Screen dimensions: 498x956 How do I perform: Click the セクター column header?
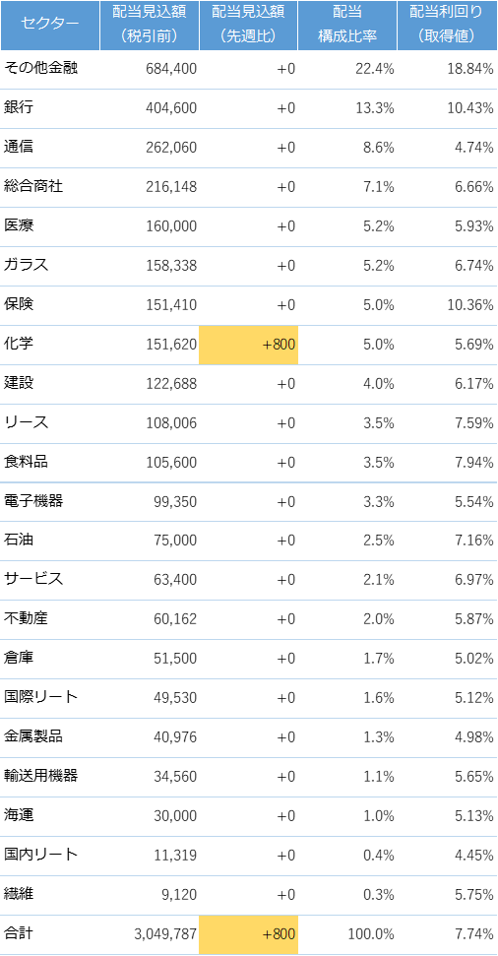click(x=50, y=25)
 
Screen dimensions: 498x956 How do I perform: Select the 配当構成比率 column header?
click(x=347, y=25)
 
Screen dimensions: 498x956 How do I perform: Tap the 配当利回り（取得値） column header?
click(x=448, y=25)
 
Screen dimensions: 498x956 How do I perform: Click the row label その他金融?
click(x=40, y=68)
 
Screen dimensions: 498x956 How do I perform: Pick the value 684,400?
click(x=171, y=69)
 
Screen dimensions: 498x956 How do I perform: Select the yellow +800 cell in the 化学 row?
click(x=249, y=345)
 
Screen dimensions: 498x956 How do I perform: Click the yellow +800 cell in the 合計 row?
click(x=249, y=934)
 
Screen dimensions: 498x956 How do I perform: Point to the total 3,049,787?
click(x=165, y=934)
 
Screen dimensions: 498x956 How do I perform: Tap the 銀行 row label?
click(x=19, y=108)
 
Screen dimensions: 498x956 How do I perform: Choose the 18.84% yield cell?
click(x=470, y=69)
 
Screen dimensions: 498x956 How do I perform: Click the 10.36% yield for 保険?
click(x=470, y=305)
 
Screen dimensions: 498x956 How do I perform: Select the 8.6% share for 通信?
click(x=379, y=148)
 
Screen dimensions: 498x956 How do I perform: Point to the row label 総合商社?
click(x=33, y=186)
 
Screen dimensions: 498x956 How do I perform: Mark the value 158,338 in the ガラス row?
click(x=171, y=266)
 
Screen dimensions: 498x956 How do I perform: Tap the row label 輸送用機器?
click(x=40, y=776)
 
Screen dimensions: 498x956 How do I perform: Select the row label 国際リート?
click(x=40, y=697)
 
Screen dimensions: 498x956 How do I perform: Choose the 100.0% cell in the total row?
click(x=371, y=934)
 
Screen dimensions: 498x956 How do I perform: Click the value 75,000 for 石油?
click(x=175, y=541)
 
